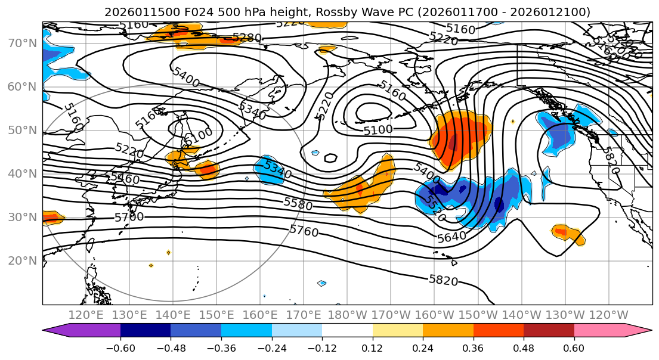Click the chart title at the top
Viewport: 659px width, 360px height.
coord(347,12)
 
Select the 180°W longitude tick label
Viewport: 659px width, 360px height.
coord(346,315)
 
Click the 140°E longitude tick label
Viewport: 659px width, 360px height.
coord(173,315)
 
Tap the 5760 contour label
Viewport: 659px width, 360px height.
coord(304,231)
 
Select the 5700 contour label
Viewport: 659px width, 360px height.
coord(129,217)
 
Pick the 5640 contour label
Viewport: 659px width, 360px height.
coord(452,237)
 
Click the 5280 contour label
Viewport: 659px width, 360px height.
coord(247,38)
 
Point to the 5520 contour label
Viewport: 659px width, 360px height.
coord(435,209)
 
